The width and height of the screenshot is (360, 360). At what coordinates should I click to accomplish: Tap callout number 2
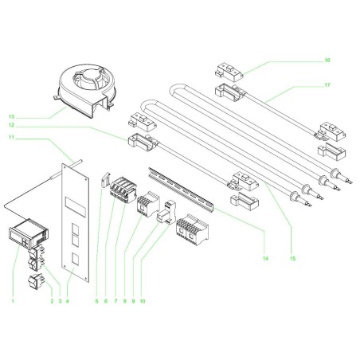(52, 302)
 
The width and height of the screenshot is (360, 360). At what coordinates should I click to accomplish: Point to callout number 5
(97, 302)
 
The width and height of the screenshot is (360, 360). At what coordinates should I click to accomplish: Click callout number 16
(327, 60)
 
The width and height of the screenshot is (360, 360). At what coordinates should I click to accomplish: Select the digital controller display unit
(25, 237)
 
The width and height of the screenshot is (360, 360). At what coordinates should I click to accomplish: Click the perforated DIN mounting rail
(183, 188)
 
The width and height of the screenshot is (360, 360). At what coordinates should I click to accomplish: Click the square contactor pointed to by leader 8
(148, 205)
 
